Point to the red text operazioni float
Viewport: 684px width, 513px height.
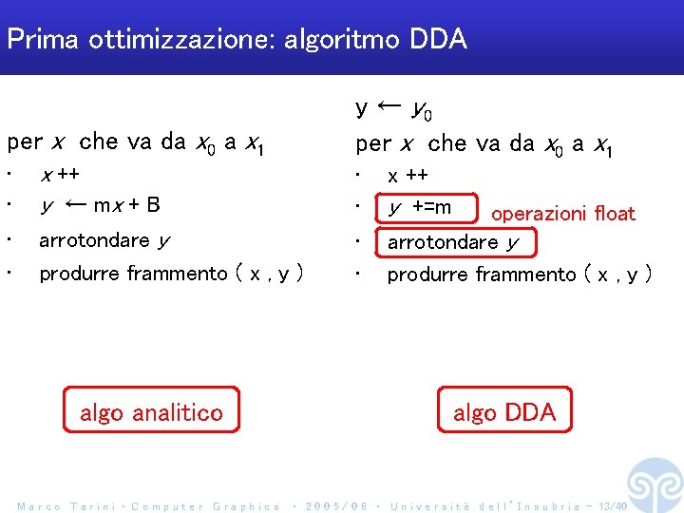click(562, 214)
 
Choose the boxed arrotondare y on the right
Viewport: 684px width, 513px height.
click(454, 242)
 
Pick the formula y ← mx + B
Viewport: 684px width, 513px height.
click(100, 205)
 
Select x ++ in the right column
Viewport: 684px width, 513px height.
click(408, 175)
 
